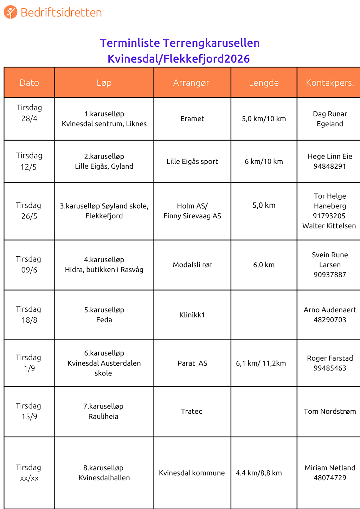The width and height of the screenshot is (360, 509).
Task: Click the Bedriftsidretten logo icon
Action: click(x=11, y=12)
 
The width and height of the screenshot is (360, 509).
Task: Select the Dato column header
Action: click(x=29, y=83)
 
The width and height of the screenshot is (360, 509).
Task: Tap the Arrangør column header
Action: click(x=191, y=83)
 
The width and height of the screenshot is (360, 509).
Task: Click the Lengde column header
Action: click(x=264, y=83)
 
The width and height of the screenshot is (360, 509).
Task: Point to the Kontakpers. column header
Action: click(x=330, y=83)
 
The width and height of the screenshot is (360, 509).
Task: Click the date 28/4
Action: click(x=29, y=118)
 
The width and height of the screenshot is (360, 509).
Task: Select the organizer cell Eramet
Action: click(x=192, y=119)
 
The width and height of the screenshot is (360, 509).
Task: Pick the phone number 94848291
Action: click(x=330, y=166)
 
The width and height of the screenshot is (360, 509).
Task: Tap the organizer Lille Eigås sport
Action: click(x=192, y=161)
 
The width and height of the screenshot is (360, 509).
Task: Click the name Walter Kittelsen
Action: click(x=329, y=226)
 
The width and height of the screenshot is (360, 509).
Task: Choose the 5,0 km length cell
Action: click(x=264, y=205)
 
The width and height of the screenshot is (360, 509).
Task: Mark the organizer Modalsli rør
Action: click(x=192, y=265)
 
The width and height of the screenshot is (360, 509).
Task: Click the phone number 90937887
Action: click(x=330, y=275)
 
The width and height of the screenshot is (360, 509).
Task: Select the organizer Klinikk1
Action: click(x=192, y=315)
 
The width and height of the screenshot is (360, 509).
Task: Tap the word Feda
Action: click(x=104, y=320)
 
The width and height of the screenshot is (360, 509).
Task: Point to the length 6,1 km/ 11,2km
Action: click(x=261, y=363)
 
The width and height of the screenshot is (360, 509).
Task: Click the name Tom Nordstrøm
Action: click(x=330, y=411)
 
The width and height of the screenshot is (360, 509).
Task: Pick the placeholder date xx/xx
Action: click(x=29, y=478)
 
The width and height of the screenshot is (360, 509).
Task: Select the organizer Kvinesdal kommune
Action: click(x=192, y=473)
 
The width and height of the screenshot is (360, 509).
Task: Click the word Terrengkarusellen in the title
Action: click(x=211, y=43)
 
